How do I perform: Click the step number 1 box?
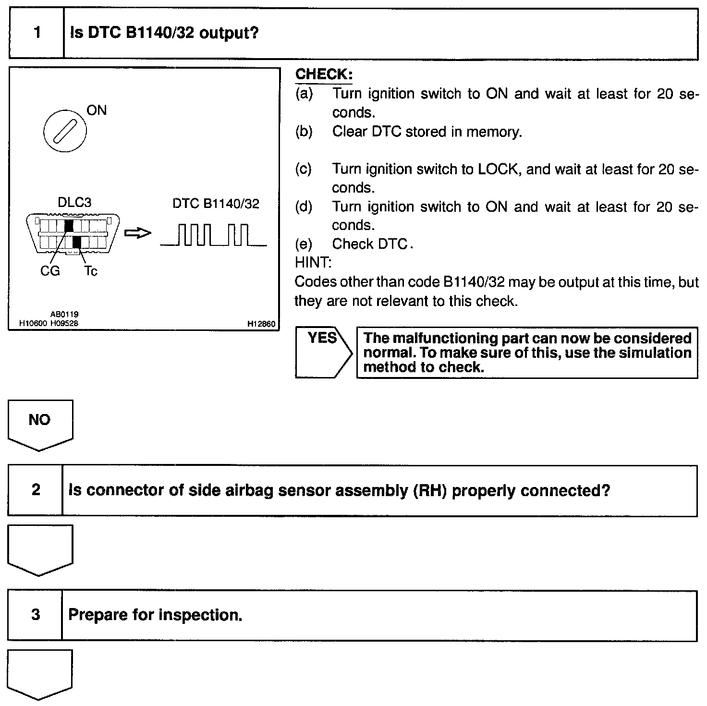tap(37, 34)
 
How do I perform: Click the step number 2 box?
tap(36, 490)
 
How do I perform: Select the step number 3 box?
tap(36, 615)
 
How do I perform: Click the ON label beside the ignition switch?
tap(97, 110)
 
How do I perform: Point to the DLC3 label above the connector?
tap(74, 203)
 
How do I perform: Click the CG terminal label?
tap(50, 271)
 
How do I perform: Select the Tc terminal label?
tap(90, 271)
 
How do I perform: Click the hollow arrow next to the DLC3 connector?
tap(137, 233)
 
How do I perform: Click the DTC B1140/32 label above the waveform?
tap(216, 204)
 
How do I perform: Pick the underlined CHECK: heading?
tap(324, 74)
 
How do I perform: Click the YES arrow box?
tap(323, 352)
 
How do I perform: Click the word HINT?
tap(313, 263)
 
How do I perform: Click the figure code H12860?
tap(261, 324)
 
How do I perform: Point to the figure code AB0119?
tap(64, 315)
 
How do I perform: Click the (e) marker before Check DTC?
tap(304, 244)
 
